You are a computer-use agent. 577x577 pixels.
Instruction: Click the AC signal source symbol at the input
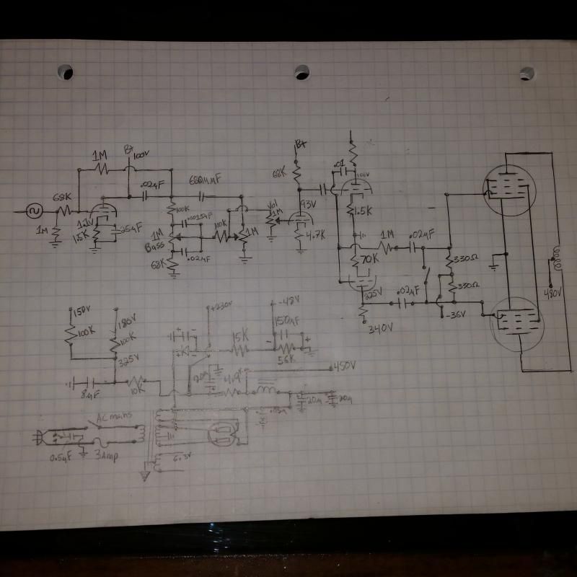(33, 211)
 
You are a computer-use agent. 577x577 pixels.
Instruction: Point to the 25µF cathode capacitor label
(130, 229)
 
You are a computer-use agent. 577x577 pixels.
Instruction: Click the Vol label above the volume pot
(272, 204)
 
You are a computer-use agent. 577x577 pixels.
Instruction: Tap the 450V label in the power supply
(345, 366)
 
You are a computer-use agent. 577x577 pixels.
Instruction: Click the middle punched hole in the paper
(301, 72)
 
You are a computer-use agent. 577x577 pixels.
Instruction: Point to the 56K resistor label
(286, 358)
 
